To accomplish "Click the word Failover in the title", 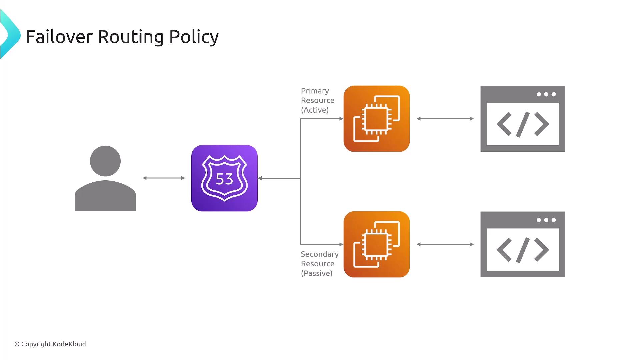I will click(x=59, y=37).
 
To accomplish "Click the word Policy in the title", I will click(x=194, y=37).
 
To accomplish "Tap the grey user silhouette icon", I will click(x=105, y=178).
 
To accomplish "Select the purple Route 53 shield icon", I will click(x=224, y=178).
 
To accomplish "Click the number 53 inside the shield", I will click(x=224, y=179).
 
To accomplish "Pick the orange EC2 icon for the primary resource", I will click(x=377, y=119).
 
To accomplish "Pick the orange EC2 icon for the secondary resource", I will click(x=377, y=244).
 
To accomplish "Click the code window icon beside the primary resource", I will click(x=523, y=119).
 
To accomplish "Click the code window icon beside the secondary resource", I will click(x=523, y=244).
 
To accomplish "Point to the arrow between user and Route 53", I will click(x=164, y=178).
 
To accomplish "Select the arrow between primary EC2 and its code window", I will click(x=445, y=119).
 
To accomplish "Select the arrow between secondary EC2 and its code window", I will click(x=445, y=244).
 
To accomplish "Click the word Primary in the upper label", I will click(x=315, y=91).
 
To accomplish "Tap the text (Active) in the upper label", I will click(x=315, y=110).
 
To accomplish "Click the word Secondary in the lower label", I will click(x=319, y=254).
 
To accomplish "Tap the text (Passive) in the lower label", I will click(x=317, y=273).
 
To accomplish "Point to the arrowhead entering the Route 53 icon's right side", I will click(x=260, y=178).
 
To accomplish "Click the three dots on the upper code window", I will click(x=546, y=94).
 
